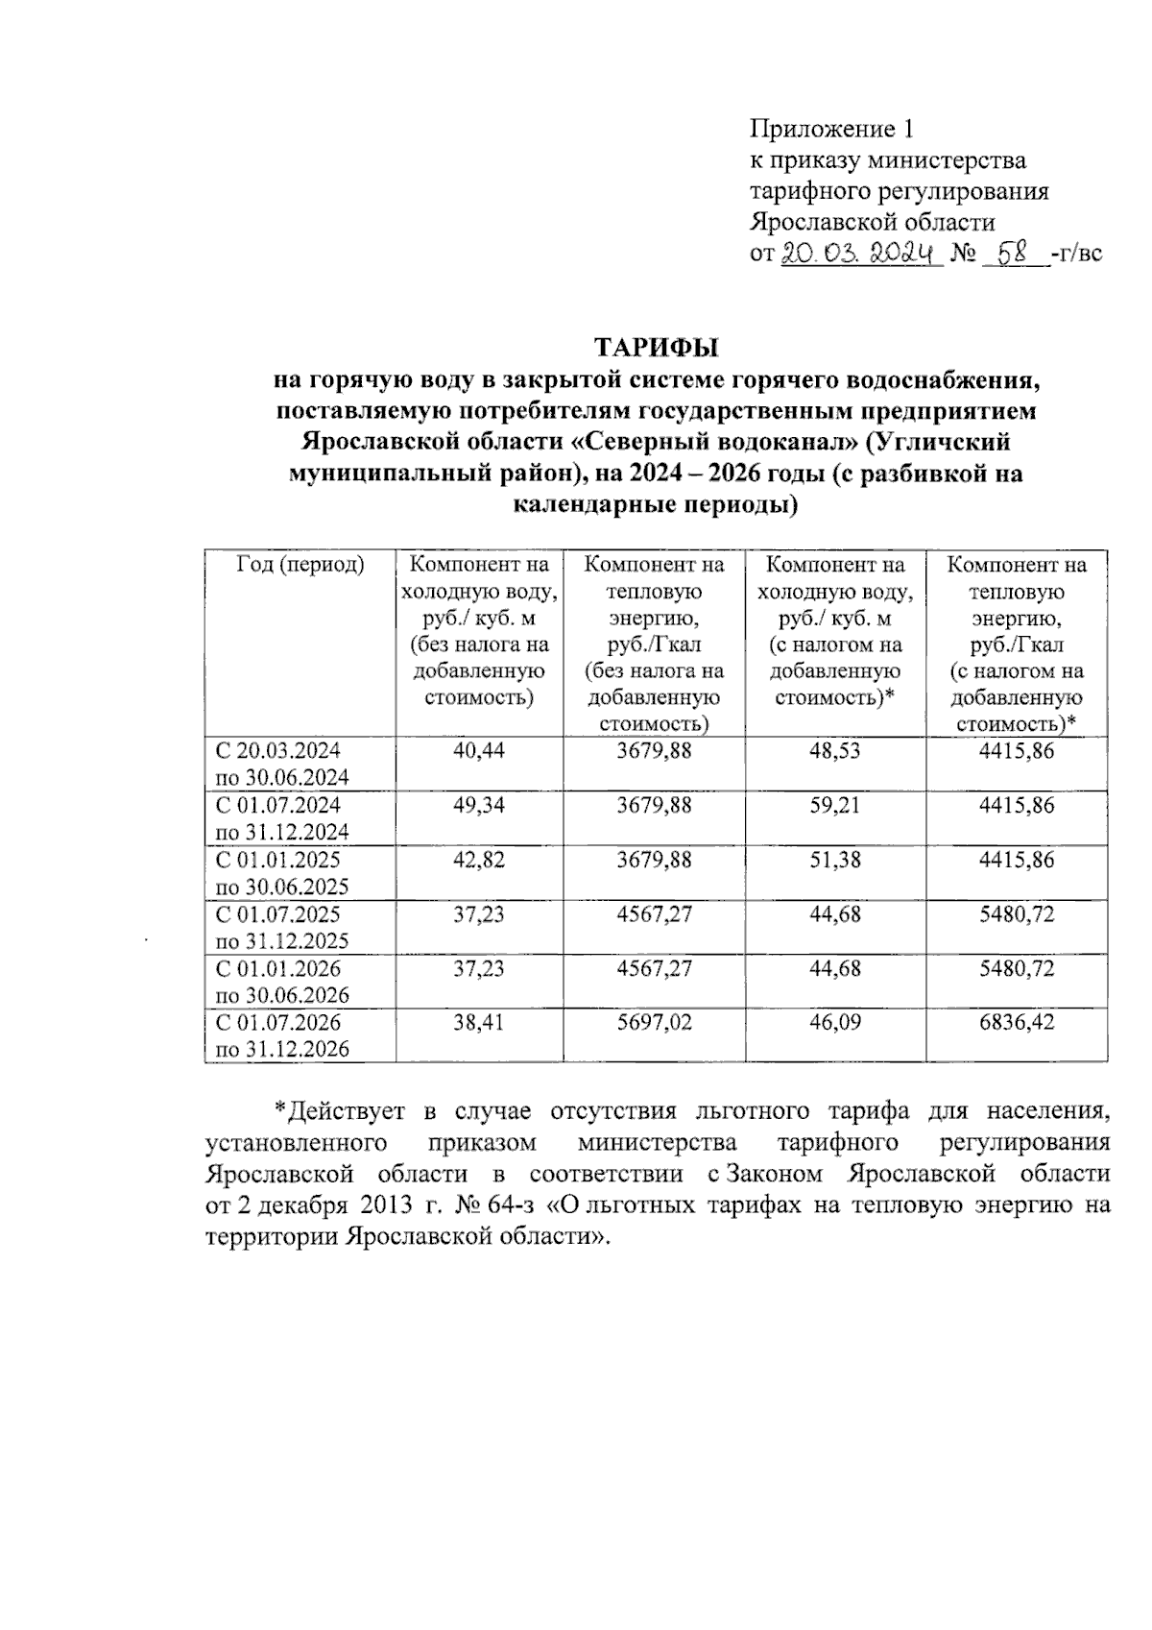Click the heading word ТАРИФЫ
click(658, 346)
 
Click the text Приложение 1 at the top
click(830, 129)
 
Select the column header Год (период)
click(300, 565)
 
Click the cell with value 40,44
click(478, 750)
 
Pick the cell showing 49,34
click(478, 805)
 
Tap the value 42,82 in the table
click(478, 860)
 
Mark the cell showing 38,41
click(478, 1022)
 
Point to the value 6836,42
click(1016, 1022)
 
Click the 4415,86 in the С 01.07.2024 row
click(1016, 805)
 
